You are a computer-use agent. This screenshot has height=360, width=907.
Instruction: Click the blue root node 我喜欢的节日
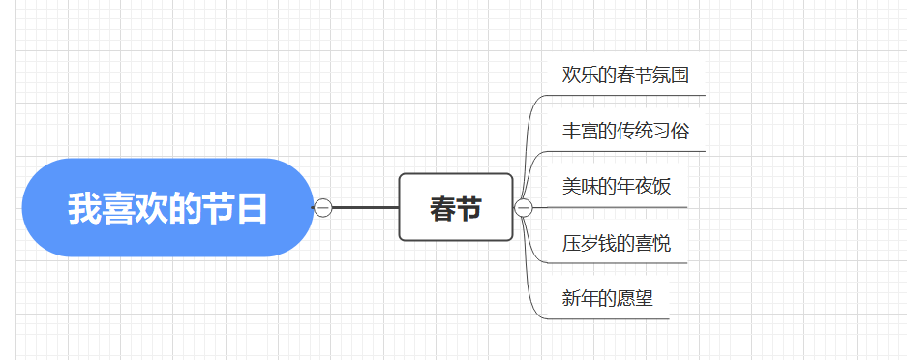click(166, 207)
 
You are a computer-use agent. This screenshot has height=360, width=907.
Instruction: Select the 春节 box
click(455, 207)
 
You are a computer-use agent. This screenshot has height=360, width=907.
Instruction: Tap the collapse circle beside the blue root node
click(323, 207)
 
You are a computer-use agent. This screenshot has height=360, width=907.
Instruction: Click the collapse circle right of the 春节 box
click(524, 207)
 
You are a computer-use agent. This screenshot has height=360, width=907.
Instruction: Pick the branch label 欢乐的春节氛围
click(625, 75)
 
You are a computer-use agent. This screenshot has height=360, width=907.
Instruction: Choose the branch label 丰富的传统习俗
click(625, 131)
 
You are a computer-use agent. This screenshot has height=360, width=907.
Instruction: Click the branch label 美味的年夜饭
click(616, 187)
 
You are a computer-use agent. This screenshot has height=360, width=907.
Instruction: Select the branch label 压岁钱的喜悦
click(616, 243)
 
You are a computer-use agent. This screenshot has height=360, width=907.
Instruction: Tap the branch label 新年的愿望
click(607, 298)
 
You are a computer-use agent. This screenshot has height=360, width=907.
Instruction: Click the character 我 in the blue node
click(84, 208)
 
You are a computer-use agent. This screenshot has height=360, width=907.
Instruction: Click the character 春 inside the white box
click(442, 208)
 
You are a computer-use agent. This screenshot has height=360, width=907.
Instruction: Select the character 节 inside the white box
click(469, 208)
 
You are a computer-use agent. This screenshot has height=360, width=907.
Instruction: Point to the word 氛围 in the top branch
click(671, 75)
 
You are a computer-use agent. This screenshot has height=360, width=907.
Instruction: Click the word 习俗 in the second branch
click(671, 131)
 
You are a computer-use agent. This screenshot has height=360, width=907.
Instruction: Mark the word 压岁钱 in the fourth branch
click(589, 243)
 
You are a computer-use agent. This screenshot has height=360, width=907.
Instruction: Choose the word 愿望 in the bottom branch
click(635, 298)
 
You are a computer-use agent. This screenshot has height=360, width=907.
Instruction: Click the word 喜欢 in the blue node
click(135, 208)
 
